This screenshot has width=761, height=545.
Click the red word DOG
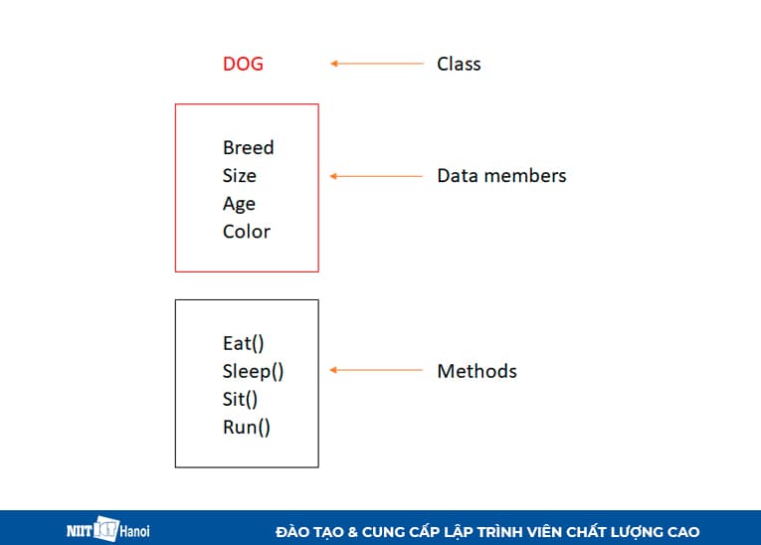pyautogui.click(x=243, y=64)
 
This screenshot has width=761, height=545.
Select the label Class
pyautogui.click(x=459, y=64)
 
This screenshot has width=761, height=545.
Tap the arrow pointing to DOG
pyautogui.click(x=376, y=64)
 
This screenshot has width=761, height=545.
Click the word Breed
pyautogui.click(x=248, y=147)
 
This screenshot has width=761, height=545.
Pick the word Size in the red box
pyautogui.click(x=239, y=176)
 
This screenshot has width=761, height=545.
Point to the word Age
pyautogui.click(x=239, y=204)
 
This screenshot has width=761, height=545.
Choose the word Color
pyautogui.click(x=246, y=232)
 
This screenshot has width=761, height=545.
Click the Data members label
pyautogui.click(x=501, y=176)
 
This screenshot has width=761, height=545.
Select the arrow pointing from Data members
pyautogui.click(x=376, y=176)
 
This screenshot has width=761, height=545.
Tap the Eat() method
pyautogui.click(x=243, y=343)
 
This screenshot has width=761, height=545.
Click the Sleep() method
pyautogui.click(x=253, y=372)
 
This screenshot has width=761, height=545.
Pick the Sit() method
pyautogui.click(x=240, y=400)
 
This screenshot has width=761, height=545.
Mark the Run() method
pyautogui.click(x=246, y=428)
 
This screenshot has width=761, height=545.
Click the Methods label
pyautogui.click(x=476, y=372)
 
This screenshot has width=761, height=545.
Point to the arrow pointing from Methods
pyautogui.click(x=376, y=371)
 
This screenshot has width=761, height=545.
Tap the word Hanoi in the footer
pyautogui.click(x=135, y=531)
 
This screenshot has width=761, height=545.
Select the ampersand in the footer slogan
pyautogui.click(x=353, y=532)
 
